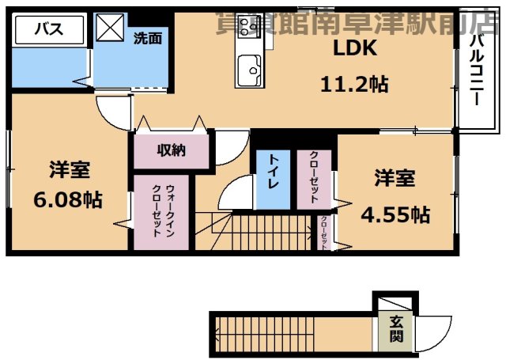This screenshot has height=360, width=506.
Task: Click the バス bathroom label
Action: [x=51, y=30]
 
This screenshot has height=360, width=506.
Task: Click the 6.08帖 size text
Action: [x=67, y=199]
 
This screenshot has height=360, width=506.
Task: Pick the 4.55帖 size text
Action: [x=395, y=214]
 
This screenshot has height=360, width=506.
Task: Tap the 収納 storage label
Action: [x=170, y=150]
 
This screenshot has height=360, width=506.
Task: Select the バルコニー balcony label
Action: [x=476, y=71]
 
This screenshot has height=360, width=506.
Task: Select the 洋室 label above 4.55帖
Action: [x=395, y=179]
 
